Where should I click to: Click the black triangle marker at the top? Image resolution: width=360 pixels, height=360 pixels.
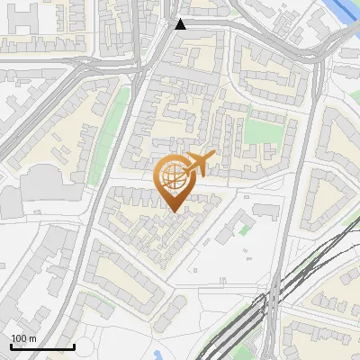click(x=181, y=24)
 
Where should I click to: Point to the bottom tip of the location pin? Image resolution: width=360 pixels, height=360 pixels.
click(x=173, y=211)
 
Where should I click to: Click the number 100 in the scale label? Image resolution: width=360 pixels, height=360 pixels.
click(x=18, y=338)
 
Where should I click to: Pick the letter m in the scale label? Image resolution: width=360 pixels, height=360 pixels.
click(x=32, y=338)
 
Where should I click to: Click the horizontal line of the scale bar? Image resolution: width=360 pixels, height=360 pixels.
click(x=41, y=346)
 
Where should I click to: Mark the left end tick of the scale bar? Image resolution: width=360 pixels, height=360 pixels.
click(x=10, y=345)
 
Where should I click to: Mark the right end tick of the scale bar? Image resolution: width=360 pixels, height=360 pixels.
click(x=74, y=345)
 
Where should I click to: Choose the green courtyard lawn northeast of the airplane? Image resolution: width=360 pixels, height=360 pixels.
click(x=263, y=132)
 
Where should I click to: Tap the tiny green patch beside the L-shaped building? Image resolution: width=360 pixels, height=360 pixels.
click(x=244, y=229)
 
